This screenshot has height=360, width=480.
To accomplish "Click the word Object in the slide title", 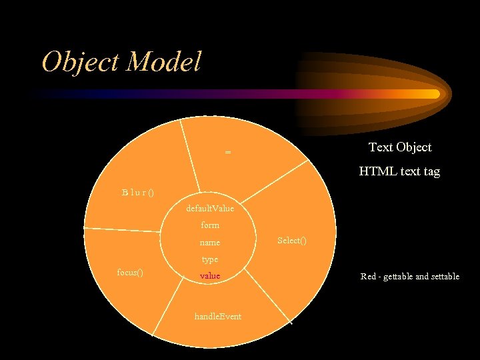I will [81, 62].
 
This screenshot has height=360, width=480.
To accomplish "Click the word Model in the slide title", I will [163, 62].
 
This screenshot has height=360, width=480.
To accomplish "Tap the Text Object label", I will [400, 147].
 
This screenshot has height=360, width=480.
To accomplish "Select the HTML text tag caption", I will [399, 171].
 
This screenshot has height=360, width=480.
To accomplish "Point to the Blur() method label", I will [138, 193].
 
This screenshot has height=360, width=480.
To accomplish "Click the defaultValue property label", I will [210, 209].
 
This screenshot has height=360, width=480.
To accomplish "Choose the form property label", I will [210, 225].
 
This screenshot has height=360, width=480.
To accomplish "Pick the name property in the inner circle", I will [210, 243].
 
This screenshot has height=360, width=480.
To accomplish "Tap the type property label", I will [210, 259].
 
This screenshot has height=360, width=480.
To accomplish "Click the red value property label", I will [210, 275].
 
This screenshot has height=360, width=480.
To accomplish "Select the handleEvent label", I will [217, 316].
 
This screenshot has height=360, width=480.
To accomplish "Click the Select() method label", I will [292, 240].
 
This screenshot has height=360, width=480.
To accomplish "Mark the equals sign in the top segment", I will [228, 153].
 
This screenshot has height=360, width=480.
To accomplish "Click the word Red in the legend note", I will [369, 276].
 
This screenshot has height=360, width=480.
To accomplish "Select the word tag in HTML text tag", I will [430, 172].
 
